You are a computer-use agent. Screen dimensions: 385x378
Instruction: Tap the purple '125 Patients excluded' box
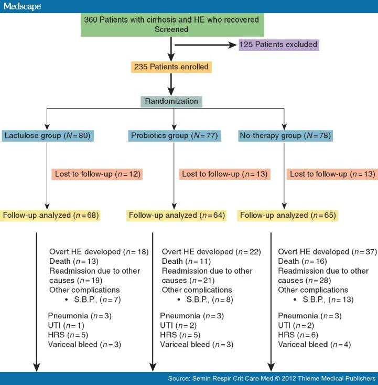pyautogui.click(x=278, y=44)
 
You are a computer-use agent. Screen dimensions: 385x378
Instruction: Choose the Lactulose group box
pyautogui.click(x=47, y=136)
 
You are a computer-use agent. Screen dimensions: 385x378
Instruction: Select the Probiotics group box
pyautogui.click(x=175, y=136)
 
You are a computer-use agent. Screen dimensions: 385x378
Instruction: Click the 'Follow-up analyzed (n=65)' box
pyautogui.click(x=288, y=215)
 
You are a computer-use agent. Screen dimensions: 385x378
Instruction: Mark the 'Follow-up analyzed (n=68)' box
pyautogui.click(x=50, y=215)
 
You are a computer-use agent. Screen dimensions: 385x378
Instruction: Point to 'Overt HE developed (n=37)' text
pyautogui.click(x=327, y=252)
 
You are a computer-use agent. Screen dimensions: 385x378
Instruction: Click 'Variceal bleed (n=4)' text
pyautogui.click(x=314, y=345)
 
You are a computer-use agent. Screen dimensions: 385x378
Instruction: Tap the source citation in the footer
pyautogui.click(x=271, y=378)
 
